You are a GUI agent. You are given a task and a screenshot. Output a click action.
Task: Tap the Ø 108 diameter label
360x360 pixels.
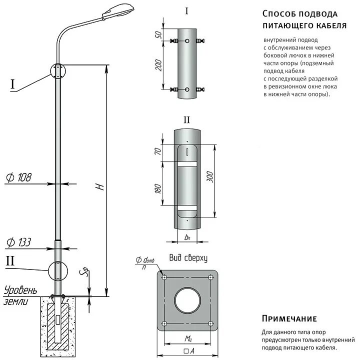coord(19,177)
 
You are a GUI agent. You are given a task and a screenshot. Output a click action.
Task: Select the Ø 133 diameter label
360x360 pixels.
coord(19,242)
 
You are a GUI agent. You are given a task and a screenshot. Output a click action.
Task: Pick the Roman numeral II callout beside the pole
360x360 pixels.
coord(11,260)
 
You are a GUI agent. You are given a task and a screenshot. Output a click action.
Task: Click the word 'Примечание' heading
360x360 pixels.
coord(289,319)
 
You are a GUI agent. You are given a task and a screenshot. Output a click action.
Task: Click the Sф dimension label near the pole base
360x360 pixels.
coord(85,272)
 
